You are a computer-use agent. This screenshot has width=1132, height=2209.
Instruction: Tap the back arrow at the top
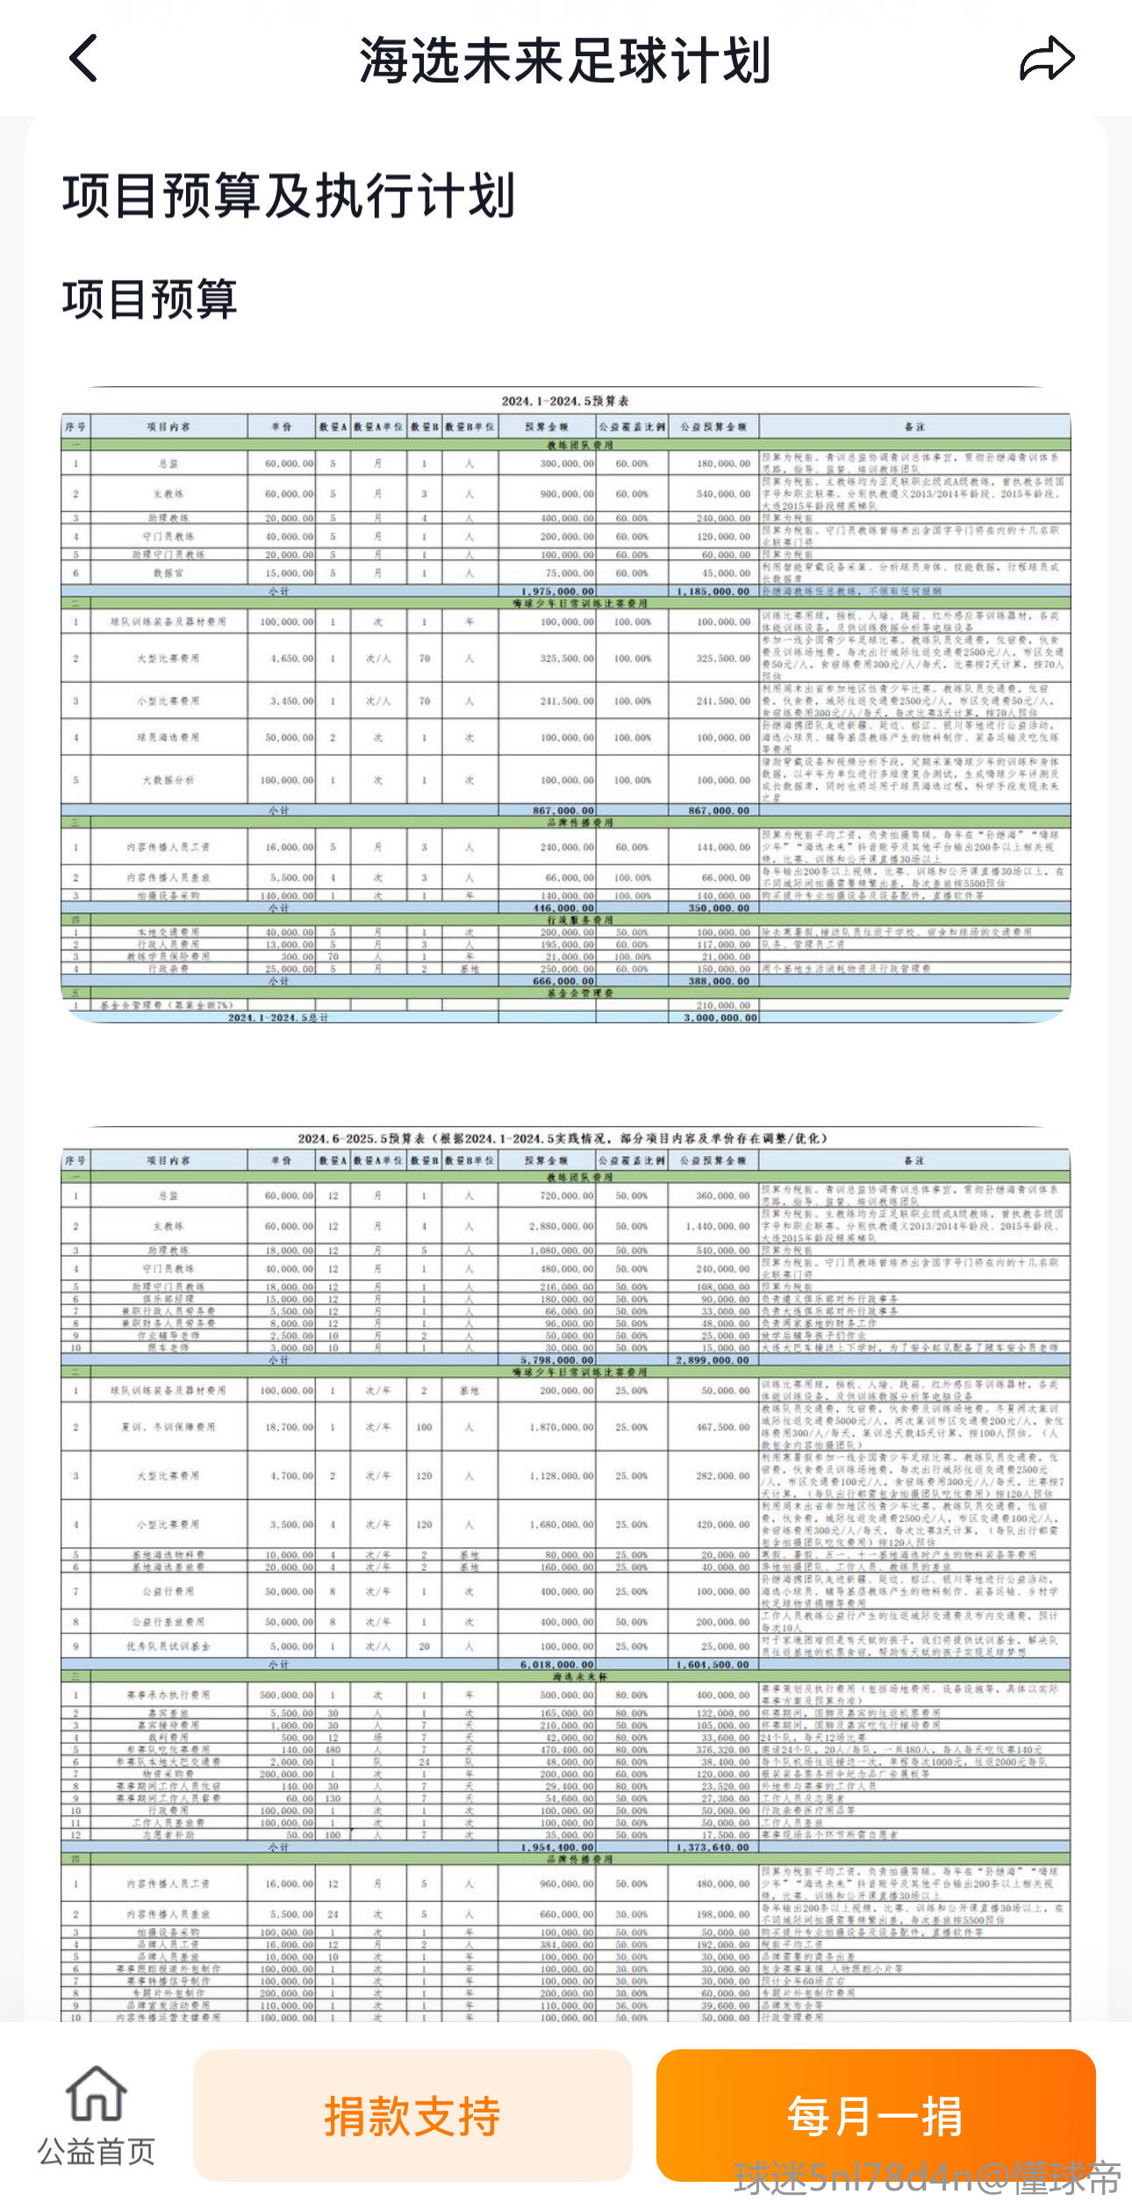click(x=83, y=59)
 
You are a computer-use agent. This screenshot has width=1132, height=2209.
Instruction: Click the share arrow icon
click(x=1046, y=60)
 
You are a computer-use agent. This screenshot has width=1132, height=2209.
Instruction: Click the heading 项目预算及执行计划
click(x=289, y=195)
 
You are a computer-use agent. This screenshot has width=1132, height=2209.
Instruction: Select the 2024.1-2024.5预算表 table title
click(x=565, y=401)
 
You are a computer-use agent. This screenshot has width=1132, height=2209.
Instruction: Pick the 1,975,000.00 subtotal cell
click(x=557, y=592)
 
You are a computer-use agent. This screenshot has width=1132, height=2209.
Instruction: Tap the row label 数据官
click(x=168, y=573)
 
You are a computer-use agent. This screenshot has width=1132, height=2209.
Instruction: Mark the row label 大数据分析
click(x=168, y=780)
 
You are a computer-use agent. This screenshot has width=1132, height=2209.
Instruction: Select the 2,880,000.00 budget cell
click(x=561, y=1226)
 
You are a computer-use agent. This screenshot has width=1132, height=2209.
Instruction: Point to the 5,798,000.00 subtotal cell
click(x=557, y=1359)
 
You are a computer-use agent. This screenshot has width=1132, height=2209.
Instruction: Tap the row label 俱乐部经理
click(x=168, y=1298)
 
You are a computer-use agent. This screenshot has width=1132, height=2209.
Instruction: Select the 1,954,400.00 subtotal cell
click(x=557, y=1847)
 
